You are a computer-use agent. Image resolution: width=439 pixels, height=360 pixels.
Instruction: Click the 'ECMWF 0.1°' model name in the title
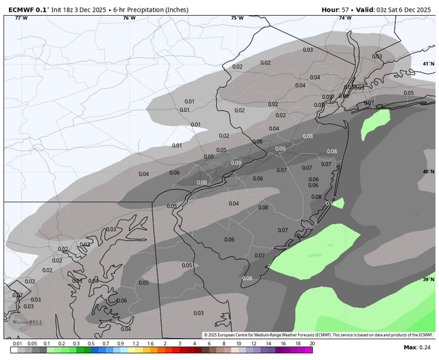tap(26, 10)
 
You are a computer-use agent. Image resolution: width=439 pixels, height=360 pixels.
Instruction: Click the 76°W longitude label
tap(129, 18)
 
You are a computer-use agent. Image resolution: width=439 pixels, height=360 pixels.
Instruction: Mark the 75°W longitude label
tap(237, 18)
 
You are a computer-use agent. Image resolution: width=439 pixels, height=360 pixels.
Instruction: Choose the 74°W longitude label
tap(344, 18)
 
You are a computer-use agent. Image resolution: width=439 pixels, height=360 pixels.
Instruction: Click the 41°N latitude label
tap(429, 64)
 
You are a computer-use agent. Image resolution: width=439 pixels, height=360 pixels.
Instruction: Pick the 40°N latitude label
tap(429, 171)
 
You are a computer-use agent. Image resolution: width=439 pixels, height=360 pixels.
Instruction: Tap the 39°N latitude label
tap(429, 280)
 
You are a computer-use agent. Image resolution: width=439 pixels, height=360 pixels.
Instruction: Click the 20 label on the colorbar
tap(312, 344)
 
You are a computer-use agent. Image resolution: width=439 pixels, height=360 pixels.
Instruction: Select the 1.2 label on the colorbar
tap(135, 344)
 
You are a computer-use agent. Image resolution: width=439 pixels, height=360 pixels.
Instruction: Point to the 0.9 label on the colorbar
tap(121, 344)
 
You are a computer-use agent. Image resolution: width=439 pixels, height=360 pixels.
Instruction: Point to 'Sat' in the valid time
tap(391, 10)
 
